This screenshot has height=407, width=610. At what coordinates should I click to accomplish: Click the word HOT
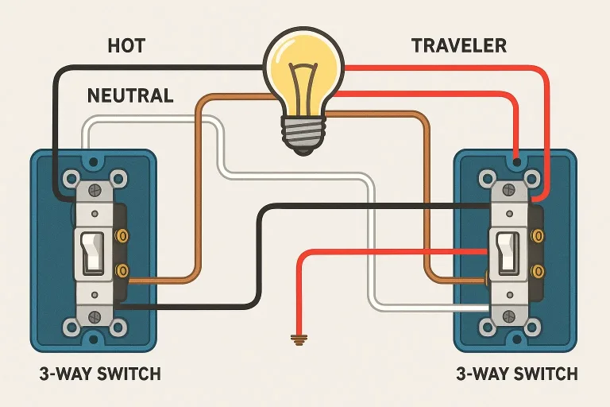(x=126, y=45)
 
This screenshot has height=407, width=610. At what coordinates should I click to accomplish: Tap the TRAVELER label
(x=459, y=45)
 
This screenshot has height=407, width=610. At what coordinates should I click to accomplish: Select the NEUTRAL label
(x=129, y=96)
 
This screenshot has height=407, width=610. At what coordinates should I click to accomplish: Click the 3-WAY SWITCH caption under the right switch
(x=517, y=374)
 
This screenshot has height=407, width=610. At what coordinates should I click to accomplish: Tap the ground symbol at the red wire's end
(x=299, y=340)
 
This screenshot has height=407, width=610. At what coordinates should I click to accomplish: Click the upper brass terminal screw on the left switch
(x=122, y=236)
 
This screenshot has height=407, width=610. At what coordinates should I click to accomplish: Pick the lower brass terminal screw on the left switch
(x=122, y=271)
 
